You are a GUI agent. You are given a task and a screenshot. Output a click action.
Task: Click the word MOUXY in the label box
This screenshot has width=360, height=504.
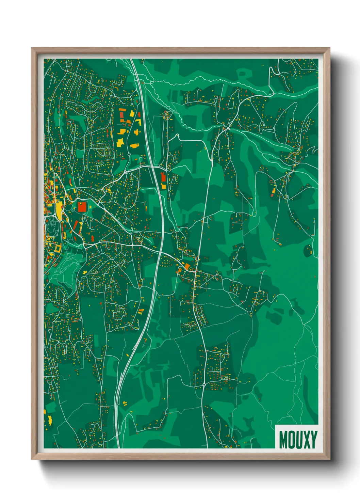point(298,439)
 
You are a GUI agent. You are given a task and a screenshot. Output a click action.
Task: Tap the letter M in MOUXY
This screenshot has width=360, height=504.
point(283,439)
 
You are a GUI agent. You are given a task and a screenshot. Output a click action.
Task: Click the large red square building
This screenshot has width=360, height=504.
point(82,206)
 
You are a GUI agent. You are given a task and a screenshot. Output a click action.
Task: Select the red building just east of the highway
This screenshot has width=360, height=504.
point(163,178)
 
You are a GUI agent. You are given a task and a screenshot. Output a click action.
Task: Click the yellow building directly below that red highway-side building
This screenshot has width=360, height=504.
point(164,186)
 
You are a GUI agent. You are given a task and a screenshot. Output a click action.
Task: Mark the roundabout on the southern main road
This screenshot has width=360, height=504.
point(203,384)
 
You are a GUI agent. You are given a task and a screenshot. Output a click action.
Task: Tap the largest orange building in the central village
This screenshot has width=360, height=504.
point(187,266)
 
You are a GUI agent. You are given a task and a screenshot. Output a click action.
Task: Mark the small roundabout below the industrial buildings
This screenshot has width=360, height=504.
point(129,154)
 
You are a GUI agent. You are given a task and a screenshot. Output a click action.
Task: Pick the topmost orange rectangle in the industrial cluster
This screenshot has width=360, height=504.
point(122,111)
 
